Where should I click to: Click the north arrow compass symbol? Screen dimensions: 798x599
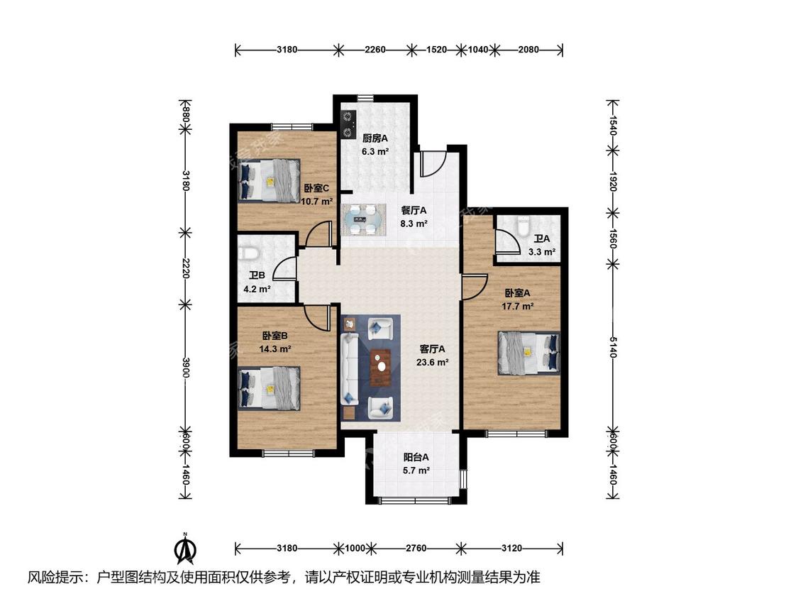tap(186, 549)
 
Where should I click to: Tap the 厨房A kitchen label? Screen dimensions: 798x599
tap(375, 138)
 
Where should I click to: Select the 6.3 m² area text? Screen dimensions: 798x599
tap(375, 151)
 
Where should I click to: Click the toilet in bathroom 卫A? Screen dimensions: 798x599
tap(523, 226)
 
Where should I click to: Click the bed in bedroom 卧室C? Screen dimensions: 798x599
tap(268, 181)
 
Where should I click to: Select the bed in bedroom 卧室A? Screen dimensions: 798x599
tap(529, 353)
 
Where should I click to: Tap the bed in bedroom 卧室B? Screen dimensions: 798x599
tap(269, 388)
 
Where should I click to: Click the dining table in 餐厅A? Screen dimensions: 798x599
tap(363, 220)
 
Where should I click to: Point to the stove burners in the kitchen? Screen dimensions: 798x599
tap(348, 126)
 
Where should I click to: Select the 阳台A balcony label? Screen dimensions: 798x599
tap(416, 457)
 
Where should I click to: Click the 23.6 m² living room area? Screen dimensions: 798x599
tap(433, 363)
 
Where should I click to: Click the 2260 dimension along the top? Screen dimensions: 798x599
tap(375, 50)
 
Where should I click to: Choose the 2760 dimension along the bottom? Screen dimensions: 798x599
tap(416, 548)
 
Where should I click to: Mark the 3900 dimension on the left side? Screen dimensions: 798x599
tap(186, 368)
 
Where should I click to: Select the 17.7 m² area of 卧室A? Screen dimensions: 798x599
tap(518, 307)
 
